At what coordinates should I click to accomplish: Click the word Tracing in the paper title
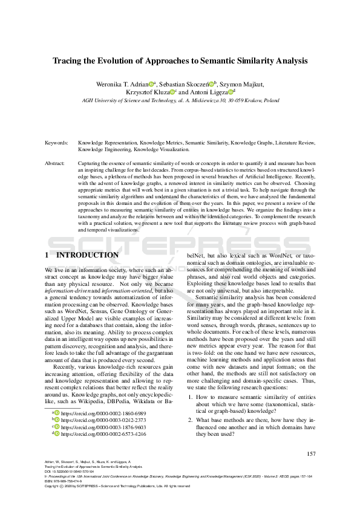coord(70,61)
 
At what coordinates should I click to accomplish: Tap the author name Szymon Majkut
coord(243,83)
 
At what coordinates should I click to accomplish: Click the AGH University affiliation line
coord(180,101)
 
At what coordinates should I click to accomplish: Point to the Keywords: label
coord(56,143)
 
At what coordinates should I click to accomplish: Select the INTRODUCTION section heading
coord(88,255)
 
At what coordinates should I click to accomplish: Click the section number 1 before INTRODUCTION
coord(47,255)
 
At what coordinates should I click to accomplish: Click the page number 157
coord(311,454)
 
